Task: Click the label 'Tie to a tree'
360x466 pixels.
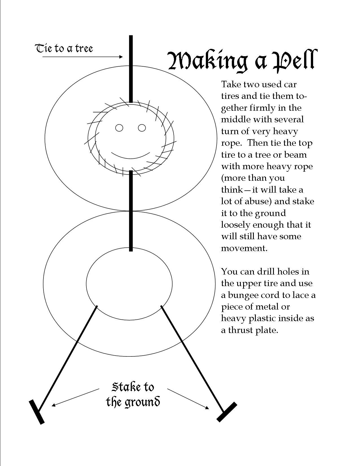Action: point(64,49)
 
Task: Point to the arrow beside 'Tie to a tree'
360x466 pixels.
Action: point(82,57)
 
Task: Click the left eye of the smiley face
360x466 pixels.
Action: point(119,128)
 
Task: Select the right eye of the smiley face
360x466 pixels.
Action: point(142,128)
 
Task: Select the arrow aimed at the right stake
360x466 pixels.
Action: point(188,399)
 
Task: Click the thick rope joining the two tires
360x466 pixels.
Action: point(131,211)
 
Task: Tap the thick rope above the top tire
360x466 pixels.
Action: point(131,69)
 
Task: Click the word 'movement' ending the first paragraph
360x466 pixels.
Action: point(244,248)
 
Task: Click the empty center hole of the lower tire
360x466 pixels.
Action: point(129,284)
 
